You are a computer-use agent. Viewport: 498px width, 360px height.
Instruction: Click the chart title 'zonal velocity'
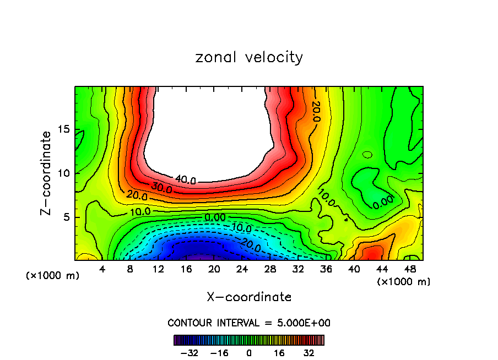249,57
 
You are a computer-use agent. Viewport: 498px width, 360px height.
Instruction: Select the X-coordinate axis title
249,297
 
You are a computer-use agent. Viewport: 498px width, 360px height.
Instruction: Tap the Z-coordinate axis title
47,173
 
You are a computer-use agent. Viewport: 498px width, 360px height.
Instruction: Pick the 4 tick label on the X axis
102,269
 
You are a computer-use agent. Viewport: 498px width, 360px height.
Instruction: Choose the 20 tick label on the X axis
214,269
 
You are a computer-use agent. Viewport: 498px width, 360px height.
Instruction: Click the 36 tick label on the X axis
326,269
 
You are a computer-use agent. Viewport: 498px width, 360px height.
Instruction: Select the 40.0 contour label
185,179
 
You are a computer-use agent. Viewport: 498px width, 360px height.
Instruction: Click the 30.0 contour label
161,189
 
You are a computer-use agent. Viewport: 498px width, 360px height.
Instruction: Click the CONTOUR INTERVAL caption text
249,323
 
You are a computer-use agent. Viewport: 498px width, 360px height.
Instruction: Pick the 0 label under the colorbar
249,353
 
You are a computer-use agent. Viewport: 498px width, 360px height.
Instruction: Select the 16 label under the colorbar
279,353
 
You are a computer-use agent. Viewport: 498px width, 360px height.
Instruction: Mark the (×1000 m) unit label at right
403,281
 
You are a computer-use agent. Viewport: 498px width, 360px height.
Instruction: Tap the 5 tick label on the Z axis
68,217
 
